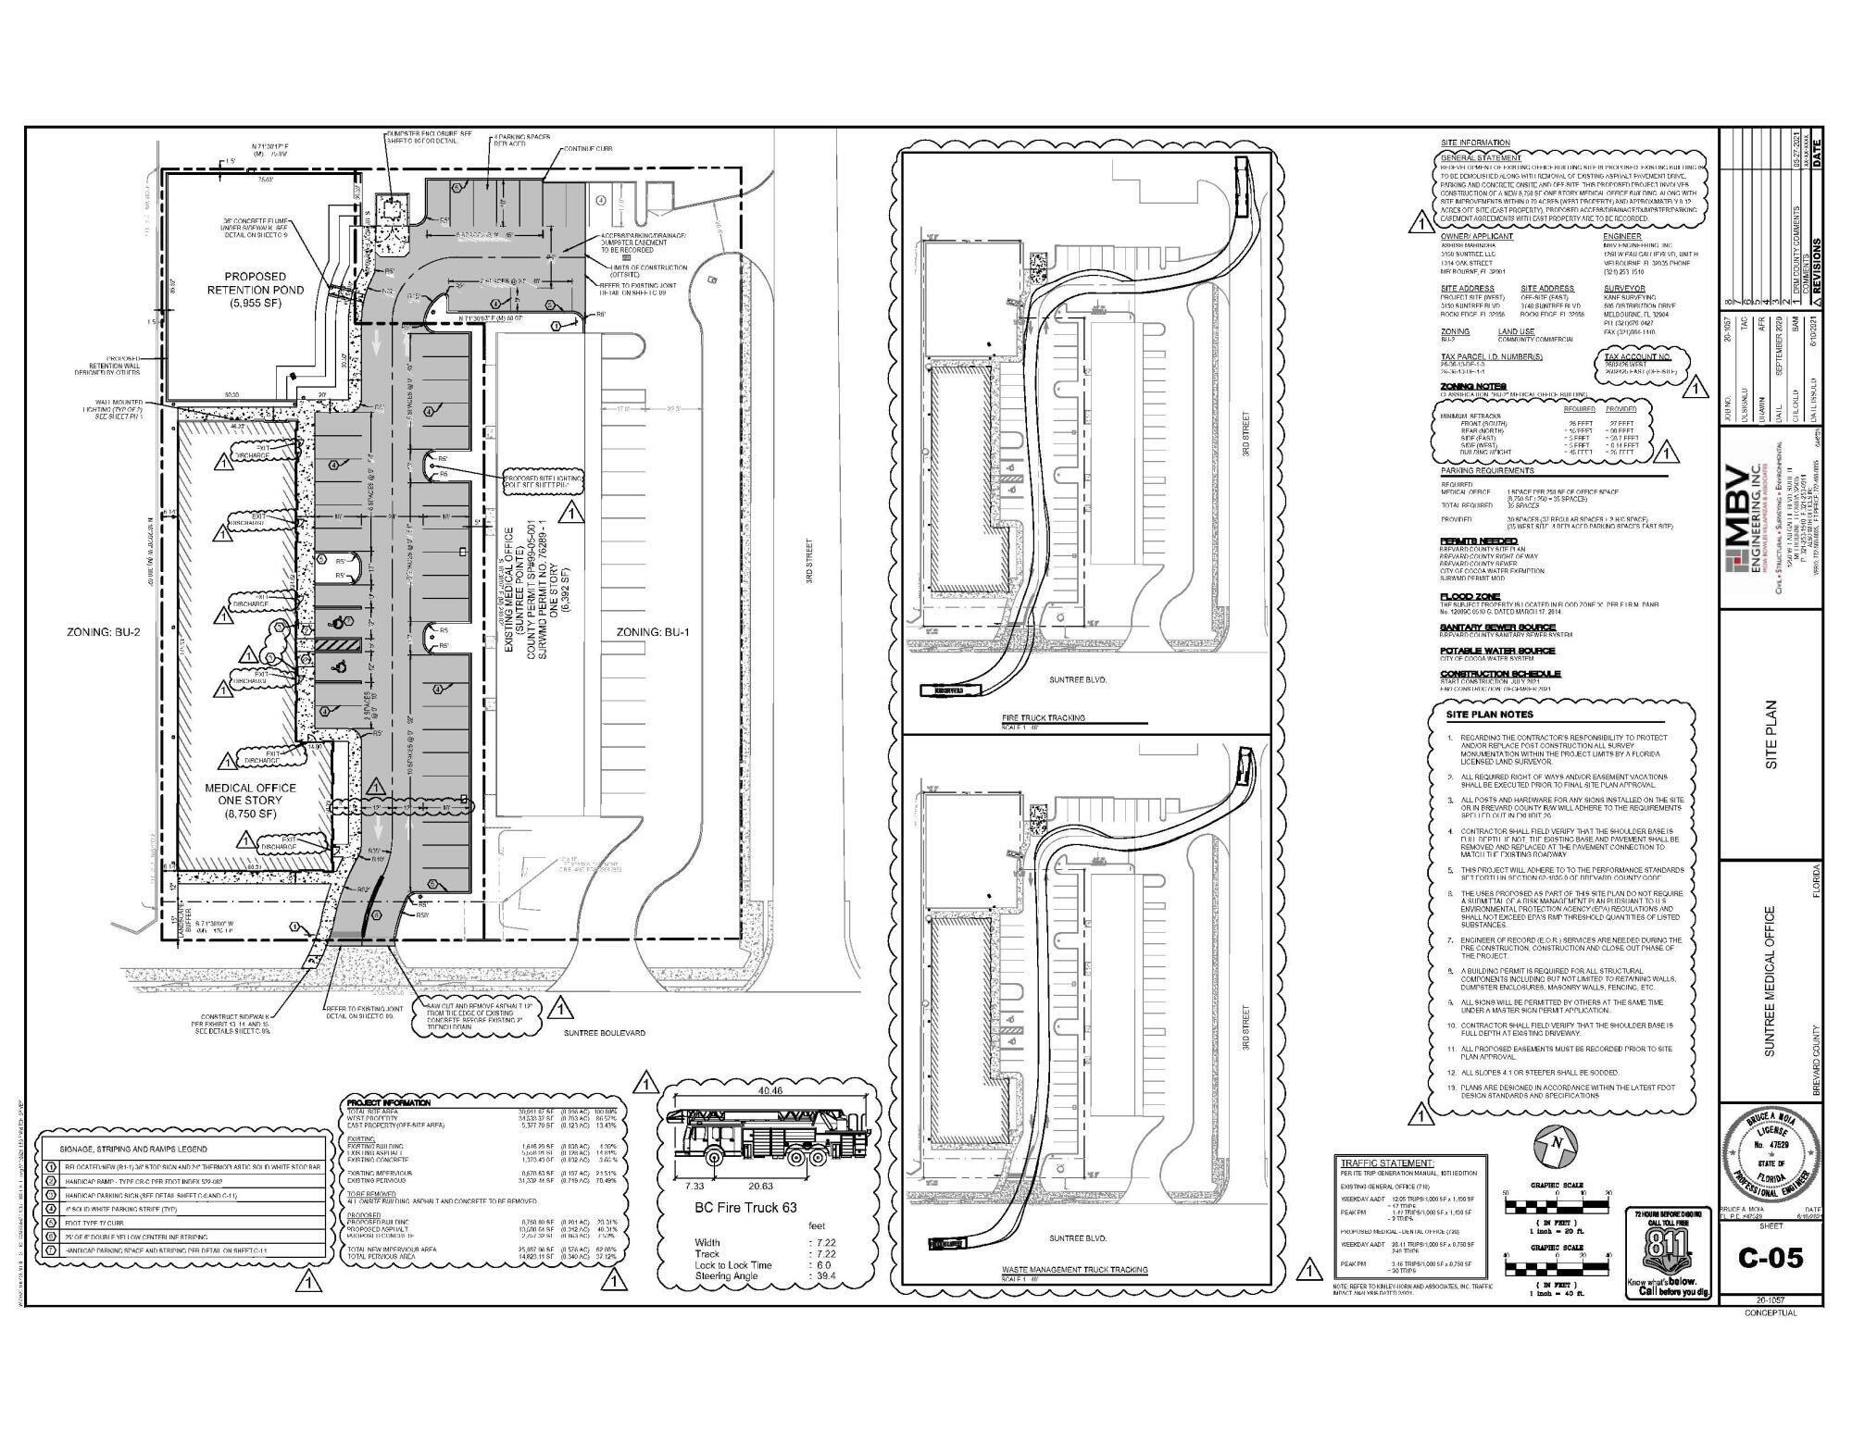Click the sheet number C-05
pos(1769,1258)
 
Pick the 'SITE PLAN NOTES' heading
pos(1489,715)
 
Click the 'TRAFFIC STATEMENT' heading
pos(1387,1163)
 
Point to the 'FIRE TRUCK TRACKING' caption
pos(1043,718)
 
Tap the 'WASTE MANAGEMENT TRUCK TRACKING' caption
pos(1075,1270)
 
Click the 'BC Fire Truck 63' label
pos(745,1207)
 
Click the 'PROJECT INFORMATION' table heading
pos(388,1103)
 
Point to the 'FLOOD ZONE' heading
pos(1469,596)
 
